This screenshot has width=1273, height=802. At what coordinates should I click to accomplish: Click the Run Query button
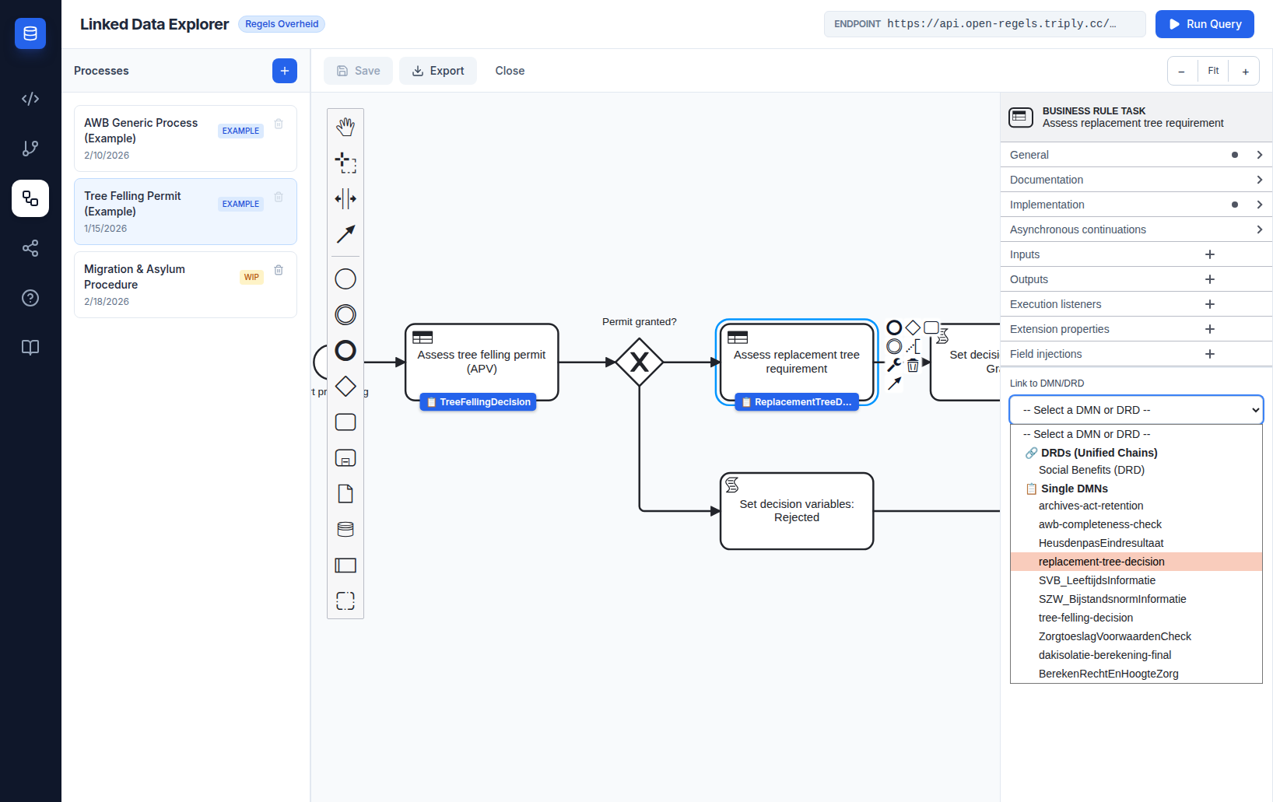1204,24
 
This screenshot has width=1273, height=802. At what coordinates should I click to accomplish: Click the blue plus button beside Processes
284,71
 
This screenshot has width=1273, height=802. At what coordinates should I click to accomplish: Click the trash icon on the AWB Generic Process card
279,124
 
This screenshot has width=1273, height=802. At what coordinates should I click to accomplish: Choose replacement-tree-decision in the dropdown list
1101,562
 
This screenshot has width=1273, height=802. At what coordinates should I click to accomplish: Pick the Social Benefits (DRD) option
1091,470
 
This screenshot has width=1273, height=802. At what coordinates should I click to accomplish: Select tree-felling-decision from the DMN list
1085,618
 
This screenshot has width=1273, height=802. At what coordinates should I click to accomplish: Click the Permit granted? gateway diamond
640,362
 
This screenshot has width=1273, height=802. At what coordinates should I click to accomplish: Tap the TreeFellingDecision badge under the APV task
479,402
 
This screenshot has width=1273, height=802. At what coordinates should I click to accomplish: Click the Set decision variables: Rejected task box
796,511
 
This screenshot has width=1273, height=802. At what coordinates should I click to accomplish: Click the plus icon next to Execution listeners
1209,304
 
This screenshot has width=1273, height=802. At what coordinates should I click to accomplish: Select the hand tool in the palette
345,127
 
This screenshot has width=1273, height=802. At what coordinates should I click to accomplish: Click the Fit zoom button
1213,71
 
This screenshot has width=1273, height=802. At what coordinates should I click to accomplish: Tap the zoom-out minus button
1181,72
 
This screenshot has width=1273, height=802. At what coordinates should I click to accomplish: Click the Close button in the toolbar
510,71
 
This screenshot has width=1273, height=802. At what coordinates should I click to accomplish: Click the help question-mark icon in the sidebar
30,298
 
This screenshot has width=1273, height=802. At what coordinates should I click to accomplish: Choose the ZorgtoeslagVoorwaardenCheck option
1114,636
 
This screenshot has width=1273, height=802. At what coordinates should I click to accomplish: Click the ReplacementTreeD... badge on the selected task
797,402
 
